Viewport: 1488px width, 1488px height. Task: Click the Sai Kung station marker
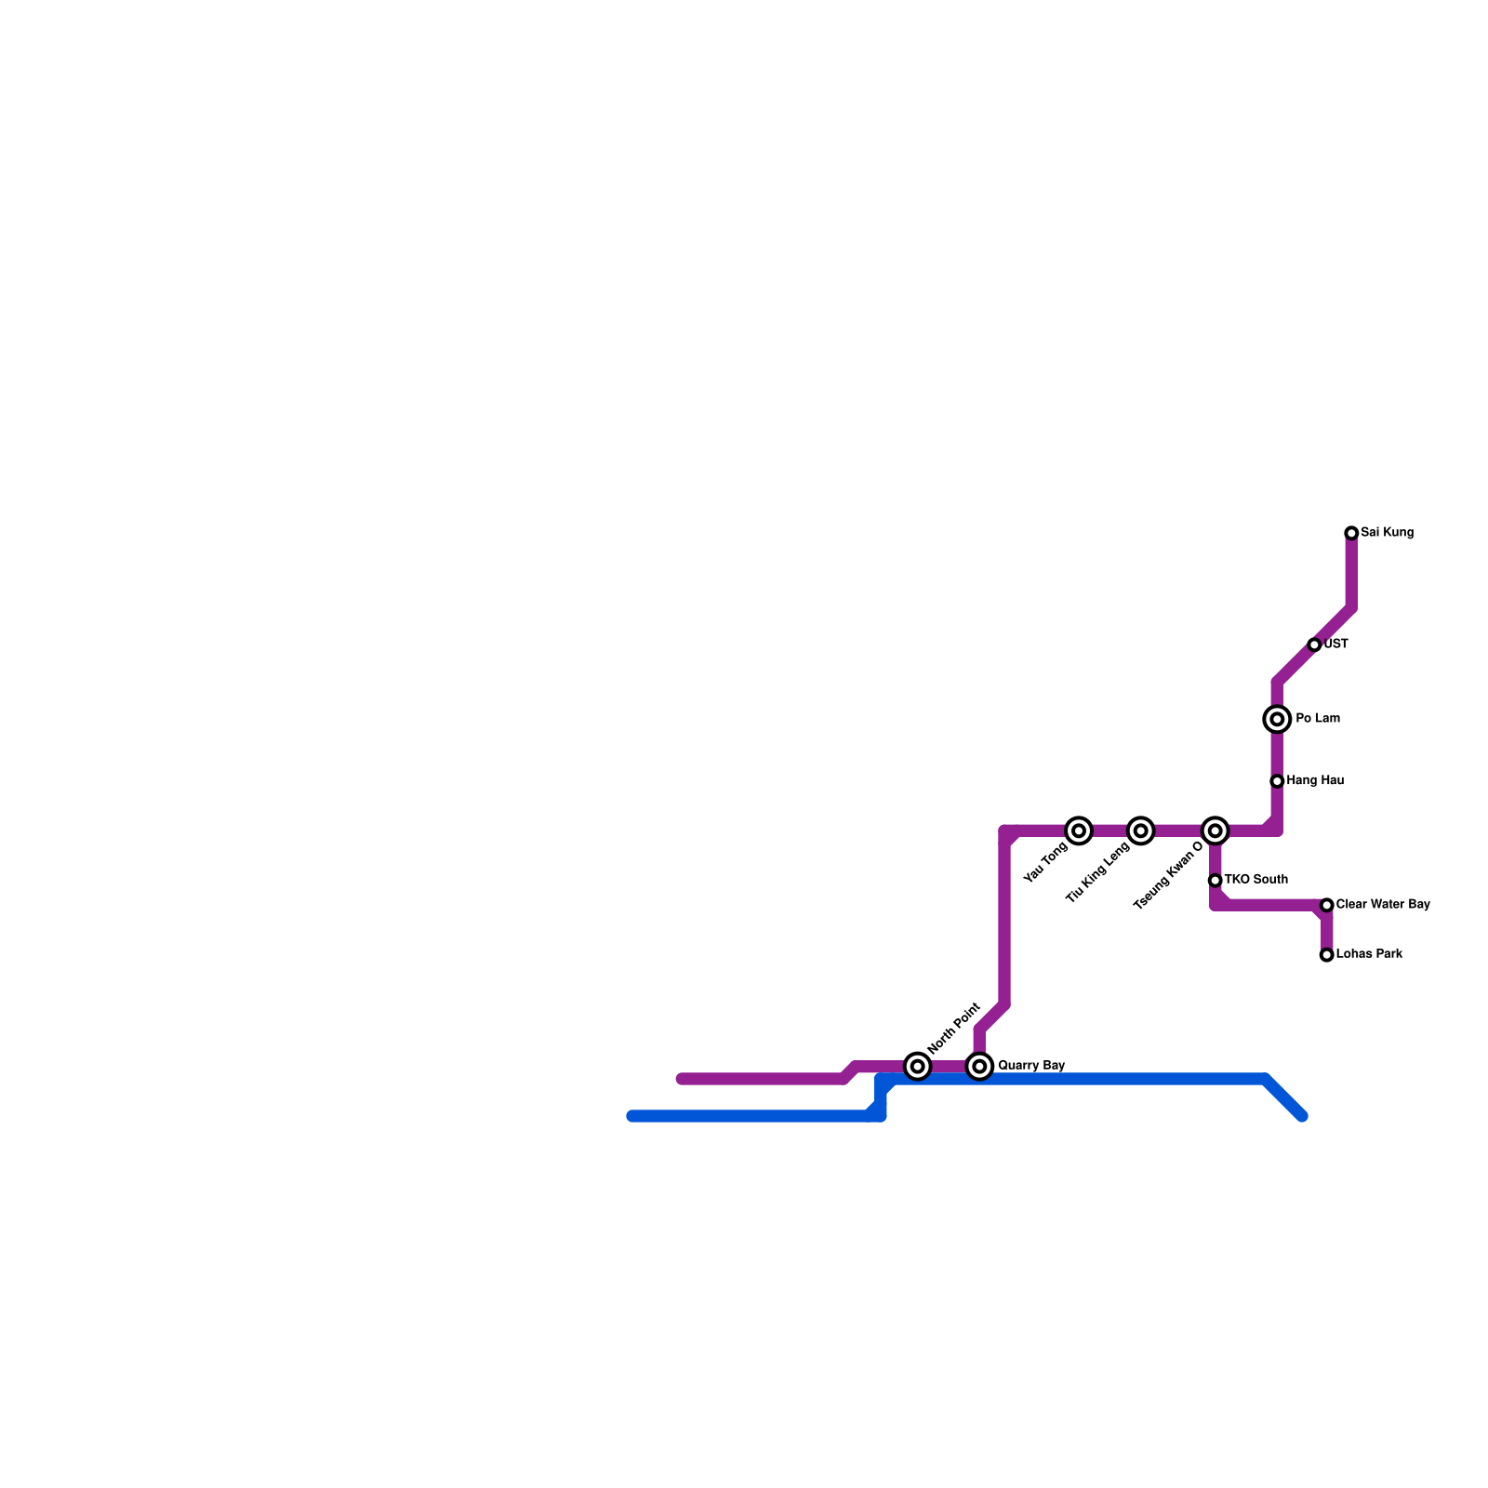(1351, 533)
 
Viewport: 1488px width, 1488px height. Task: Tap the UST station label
(1336, 644)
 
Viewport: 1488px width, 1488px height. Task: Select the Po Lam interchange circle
(1277, 719)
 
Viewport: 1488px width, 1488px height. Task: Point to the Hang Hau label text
(1315, 780)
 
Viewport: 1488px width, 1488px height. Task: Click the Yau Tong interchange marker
(1079, 830)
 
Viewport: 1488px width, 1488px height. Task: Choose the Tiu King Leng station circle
(1141, 830)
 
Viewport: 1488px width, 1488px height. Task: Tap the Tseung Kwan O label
(1168, 877)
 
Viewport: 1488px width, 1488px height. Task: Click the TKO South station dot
(1215, 880)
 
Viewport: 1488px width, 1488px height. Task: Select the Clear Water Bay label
(1383, 904)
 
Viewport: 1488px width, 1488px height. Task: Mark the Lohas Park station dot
(1326, 955)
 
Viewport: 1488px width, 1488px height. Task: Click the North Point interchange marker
(918, 1066)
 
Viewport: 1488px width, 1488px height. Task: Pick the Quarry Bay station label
(1031, 1065)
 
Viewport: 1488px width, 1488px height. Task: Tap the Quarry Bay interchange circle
(979, 1066)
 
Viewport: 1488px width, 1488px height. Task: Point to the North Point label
(954, 1028)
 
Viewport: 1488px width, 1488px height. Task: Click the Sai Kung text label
(1387, 533)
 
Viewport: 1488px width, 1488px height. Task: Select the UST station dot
(1314, 644)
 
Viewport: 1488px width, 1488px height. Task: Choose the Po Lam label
(1318, 718)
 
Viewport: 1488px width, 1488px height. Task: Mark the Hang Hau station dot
(1277, 781)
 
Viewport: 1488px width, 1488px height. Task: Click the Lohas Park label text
(1369, 954)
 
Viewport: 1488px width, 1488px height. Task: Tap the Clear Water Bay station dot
(1326, 905)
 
